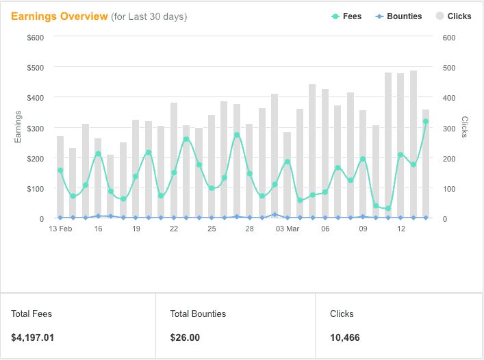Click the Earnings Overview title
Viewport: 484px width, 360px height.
coord(60,16)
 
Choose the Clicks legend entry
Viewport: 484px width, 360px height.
coord(454,16)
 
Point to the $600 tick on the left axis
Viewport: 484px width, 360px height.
coord(35,37)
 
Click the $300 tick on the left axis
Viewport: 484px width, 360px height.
coord(35,128)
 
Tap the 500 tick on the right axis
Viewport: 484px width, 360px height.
coord(450,68)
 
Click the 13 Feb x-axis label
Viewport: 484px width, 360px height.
coord(60,229)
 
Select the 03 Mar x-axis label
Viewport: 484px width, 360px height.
coord(288,229)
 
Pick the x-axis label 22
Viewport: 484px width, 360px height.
coord(174,229)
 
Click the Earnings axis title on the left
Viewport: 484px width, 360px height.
coord(18,127)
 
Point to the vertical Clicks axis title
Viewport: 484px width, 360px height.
coord(465,127)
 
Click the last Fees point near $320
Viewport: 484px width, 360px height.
coord(426,121)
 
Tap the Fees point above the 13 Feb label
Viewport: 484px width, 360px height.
coord(60,170)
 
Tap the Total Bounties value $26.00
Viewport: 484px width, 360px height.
coord(185,337)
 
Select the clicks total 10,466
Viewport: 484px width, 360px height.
coord(345,337)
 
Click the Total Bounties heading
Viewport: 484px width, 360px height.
coord(198,314)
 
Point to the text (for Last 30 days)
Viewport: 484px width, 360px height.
coord(149,16)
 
